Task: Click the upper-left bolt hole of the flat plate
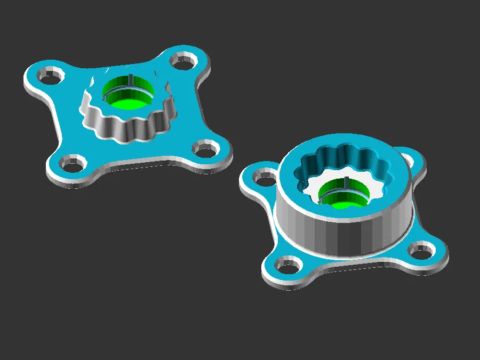50,78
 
